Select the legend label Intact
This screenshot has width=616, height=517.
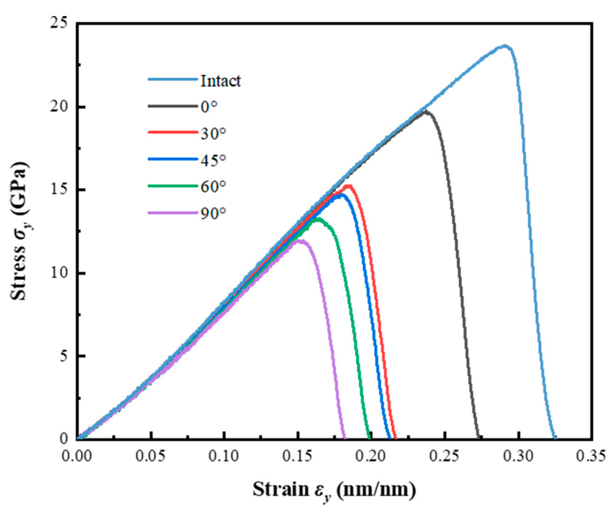tap(220, 81)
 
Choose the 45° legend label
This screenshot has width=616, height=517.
tap(213, 160)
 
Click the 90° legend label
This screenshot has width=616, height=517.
tap(213, 213)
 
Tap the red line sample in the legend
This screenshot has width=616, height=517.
tap(172, 133)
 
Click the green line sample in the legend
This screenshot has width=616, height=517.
tap(172, 186)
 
